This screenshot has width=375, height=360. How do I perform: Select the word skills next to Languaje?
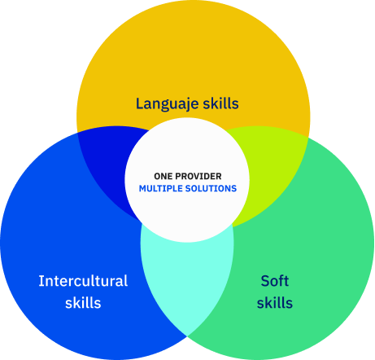click(x=221, y=103)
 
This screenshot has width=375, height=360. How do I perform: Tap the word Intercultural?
click(x=83, y=281)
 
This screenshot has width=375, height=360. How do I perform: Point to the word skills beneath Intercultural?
click(x=83, y=303)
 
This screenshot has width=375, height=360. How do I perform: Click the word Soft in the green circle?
click(x=275, y=281)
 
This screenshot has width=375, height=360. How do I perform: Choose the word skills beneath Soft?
click(x=275, y=303)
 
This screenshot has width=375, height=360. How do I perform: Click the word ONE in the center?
click(x=164, y=176)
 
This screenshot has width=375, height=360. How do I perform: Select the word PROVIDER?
click(x=198, y=176)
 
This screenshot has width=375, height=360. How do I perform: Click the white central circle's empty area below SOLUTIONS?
click(x=187, y=217)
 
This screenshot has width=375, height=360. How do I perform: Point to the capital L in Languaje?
click(x=140, y=103)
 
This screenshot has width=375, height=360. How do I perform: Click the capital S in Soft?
click(x=265, y=281)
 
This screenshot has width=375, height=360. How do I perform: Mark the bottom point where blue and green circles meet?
click(x=187, y=336)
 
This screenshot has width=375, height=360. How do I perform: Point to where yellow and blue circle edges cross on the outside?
click(x=77, y=133)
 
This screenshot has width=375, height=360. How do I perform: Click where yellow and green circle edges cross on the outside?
click(x=308, y=138)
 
